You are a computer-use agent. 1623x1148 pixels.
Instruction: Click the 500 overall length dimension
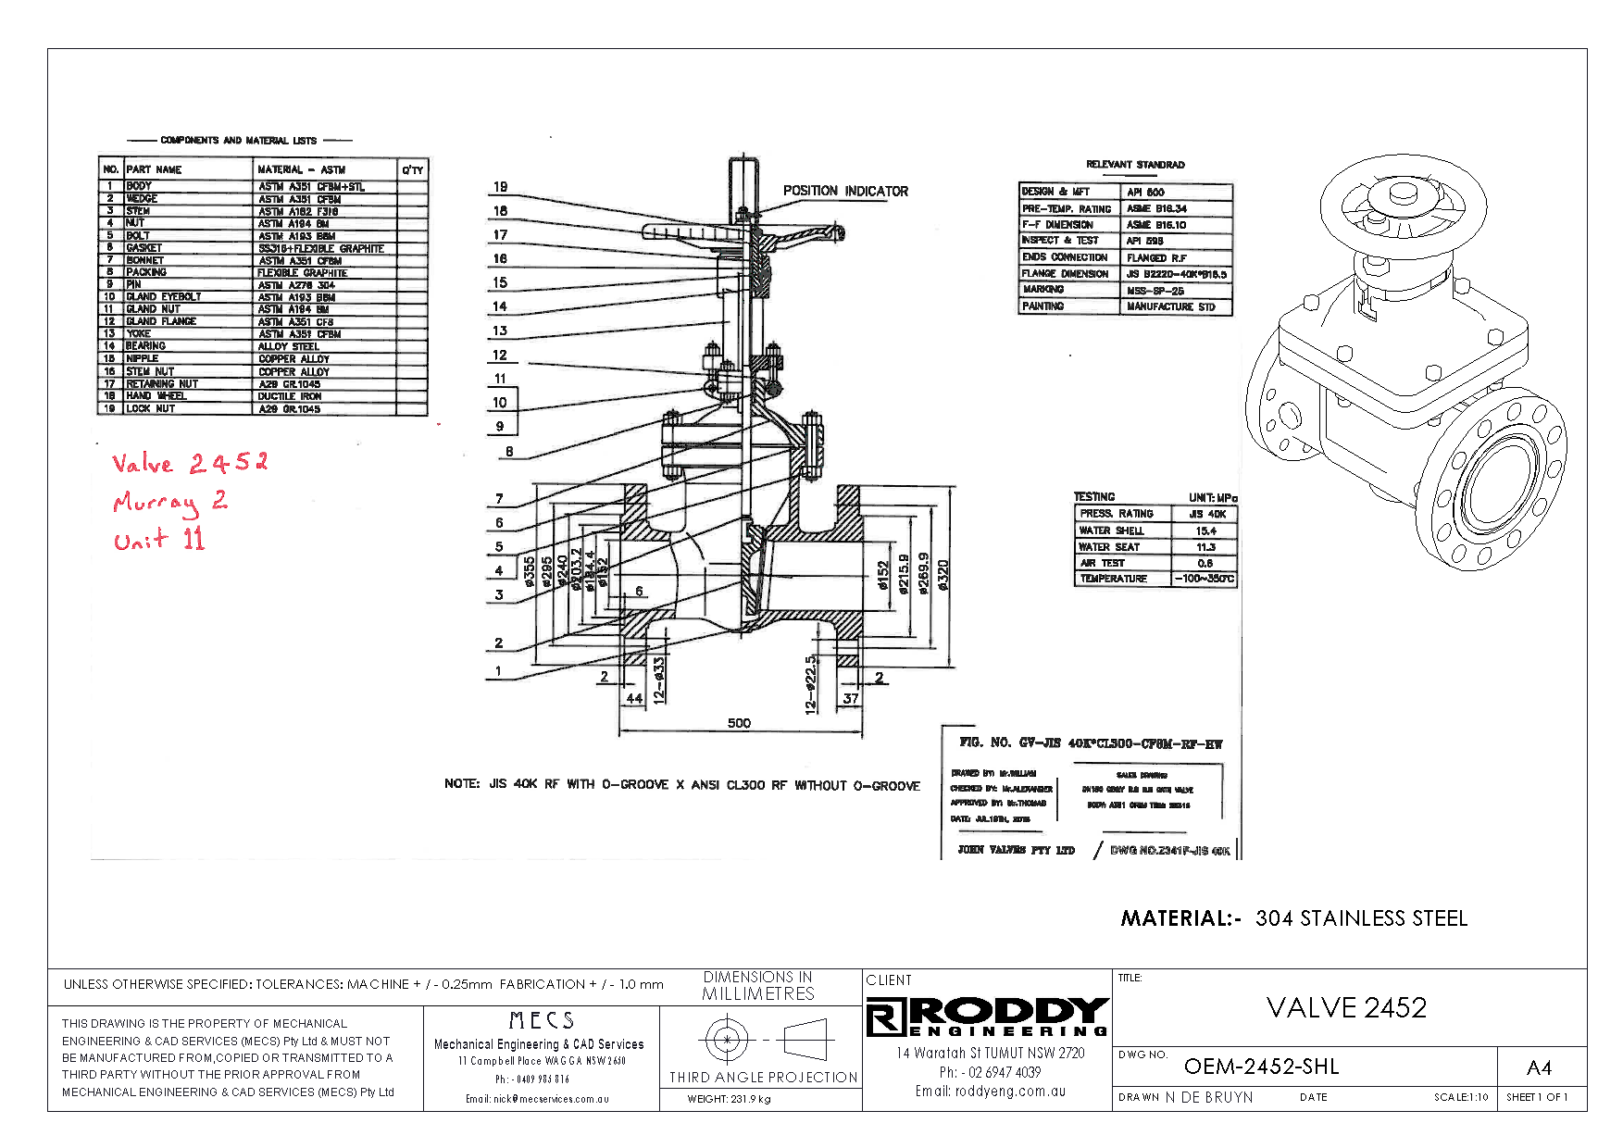739,723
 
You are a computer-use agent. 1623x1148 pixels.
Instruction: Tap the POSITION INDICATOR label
845,191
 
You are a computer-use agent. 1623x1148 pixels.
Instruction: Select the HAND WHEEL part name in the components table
156,396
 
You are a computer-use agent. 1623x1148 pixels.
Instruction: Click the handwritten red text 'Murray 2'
169,503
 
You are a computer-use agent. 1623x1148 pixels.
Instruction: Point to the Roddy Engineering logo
987,1017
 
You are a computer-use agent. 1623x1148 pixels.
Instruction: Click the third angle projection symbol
764,1040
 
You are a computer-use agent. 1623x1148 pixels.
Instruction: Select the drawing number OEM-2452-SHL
1261,1067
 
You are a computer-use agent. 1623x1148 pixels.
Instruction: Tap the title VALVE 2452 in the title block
1346,1007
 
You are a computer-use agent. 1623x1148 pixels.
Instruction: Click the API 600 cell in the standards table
1145,193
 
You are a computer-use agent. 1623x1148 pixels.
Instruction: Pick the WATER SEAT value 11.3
1205,547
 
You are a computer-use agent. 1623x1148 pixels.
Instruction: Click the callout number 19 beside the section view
500,187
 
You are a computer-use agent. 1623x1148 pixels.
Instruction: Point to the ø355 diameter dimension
529,571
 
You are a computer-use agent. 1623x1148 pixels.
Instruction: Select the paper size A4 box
1539,1067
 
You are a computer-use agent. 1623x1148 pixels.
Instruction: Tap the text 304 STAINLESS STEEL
1361,918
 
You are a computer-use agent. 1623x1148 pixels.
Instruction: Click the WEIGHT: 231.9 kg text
729,1099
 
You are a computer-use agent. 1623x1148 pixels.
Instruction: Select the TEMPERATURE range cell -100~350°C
1204,579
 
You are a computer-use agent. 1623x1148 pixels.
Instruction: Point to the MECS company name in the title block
542,1020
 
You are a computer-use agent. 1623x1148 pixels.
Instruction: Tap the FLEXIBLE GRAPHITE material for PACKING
302,273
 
